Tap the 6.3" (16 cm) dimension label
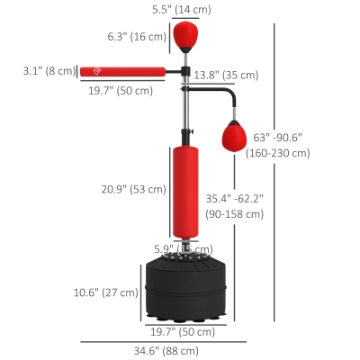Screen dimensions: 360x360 [137, 36]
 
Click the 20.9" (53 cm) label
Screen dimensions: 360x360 [132, 189]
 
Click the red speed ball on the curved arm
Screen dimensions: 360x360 [233, 137]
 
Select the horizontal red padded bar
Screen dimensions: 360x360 [121, 71]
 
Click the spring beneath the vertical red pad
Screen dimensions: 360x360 [184, 246]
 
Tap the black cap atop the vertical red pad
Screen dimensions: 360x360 [184, 143]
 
